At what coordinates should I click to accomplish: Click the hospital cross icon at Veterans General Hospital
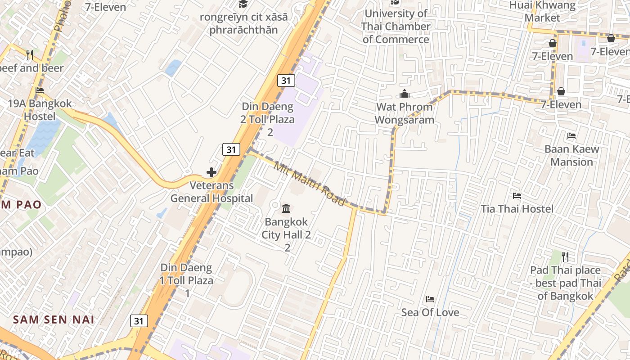(x=211, y=172)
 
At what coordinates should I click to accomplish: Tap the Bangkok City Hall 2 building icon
(x=286, y=209)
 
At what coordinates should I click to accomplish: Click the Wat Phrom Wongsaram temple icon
(x=405, y=94)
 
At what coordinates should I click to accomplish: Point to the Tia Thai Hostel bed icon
(x=517, y=196)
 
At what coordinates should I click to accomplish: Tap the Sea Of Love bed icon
(x=430, y=299)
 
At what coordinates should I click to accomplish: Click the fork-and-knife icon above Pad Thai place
(x=565, y=257)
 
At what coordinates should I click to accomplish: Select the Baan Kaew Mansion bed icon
(x=571, y=136)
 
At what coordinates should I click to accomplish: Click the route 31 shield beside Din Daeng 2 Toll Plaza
(x=286, y=81)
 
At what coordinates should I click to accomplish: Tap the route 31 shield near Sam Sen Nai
(x=139, y=321)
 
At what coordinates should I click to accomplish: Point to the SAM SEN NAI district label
(x=54, y=320)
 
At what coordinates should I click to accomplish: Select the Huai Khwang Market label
(x=542, y=12)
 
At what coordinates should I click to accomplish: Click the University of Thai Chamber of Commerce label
(x=396, y=27)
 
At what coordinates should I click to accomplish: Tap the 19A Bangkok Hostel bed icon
(x=40, y=90)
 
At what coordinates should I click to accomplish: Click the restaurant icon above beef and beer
(x=30, y=55)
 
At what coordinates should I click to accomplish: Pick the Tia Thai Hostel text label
(x=517, y=209)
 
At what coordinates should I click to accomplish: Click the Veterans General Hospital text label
(x=211, y=192)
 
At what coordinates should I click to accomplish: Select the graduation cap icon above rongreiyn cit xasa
(x=243, y=4)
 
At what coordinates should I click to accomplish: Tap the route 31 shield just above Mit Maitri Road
(x=231, y=149)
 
